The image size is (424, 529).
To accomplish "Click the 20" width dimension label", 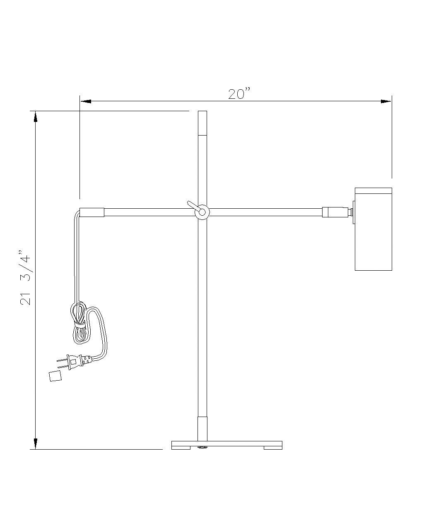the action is tap(239, 94).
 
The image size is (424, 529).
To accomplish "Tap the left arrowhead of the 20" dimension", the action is tap(86, 101).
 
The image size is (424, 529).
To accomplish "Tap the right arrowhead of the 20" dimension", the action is tap(386, 101).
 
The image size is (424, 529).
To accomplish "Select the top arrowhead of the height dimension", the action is tap(36, 117).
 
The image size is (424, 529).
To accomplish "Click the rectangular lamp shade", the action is tap(373, 229).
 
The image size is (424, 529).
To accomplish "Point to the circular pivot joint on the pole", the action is tap(202, 212).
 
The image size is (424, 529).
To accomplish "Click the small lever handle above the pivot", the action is tap(193, 205).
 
